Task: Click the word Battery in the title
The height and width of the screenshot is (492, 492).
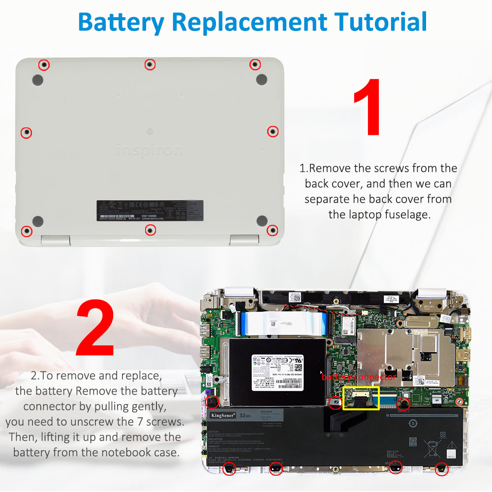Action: pyautogui.click(x=121, y=22)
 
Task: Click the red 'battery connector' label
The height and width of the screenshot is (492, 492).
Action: pyautogui.click(x=359, y=377)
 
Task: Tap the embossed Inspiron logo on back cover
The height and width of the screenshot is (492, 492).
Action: pyautogui.click(x=150, y=150)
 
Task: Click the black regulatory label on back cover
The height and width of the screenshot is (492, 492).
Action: pyautogui.click(x=150, y=211)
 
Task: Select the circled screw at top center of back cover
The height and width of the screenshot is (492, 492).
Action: pyautogui.click(x=150, y=64)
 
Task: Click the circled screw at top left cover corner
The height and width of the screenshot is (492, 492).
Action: pyautogui.click(x=44, y=64)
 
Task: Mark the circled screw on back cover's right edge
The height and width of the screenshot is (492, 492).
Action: pyautogui.click(x=273, y=131)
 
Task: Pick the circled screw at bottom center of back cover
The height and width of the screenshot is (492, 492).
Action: pyautogui.click(x=151, y=229)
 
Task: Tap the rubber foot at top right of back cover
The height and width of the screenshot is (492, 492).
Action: pyautogui.click(x=262, y=79)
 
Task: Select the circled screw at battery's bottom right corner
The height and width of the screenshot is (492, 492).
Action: pyautogui.click(x=441, y=468)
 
